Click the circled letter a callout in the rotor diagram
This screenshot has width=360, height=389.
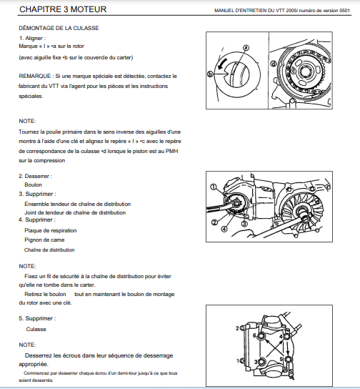tap(246, 48)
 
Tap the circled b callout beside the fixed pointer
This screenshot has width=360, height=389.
tap(210, 74)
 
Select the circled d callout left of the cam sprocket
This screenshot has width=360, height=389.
tap(274, 64)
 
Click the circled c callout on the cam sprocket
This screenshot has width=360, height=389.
tap(294, 72)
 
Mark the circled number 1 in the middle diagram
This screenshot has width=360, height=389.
tap(214, 187)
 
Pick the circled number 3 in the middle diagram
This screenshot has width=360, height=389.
tap(244, 224)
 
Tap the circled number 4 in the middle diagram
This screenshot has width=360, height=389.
tap(224, 229)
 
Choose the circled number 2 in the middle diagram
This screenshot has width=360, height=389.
tap(214, 222)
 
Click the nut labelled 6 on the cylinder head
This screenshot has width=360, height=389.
tap(262, 336)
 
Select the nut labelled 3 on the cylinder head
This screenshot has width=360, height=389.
tap(261, 362)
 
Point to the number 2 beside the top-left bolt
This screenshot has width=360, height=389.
tap(237, 328)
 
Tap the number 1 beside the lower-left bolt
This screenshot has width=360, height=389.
tap(238, 360)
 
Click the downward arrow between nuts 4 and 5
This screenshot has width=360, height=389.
tap(288, 349)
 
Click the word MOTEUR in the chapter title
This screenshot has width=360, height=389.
tap(89, 9)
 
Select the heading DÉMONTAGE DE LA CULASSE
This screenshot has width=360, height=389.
tap(59, 28)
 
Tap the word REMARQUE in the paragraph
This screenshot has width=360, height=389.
tap(35, 76)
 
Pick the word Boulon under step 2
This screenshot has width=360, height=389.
tap(33, 184)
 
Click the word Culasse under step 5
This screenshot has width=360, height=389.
tap(36, 329)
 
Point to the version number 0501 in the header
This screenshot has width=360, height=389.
tap(344, 11)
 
